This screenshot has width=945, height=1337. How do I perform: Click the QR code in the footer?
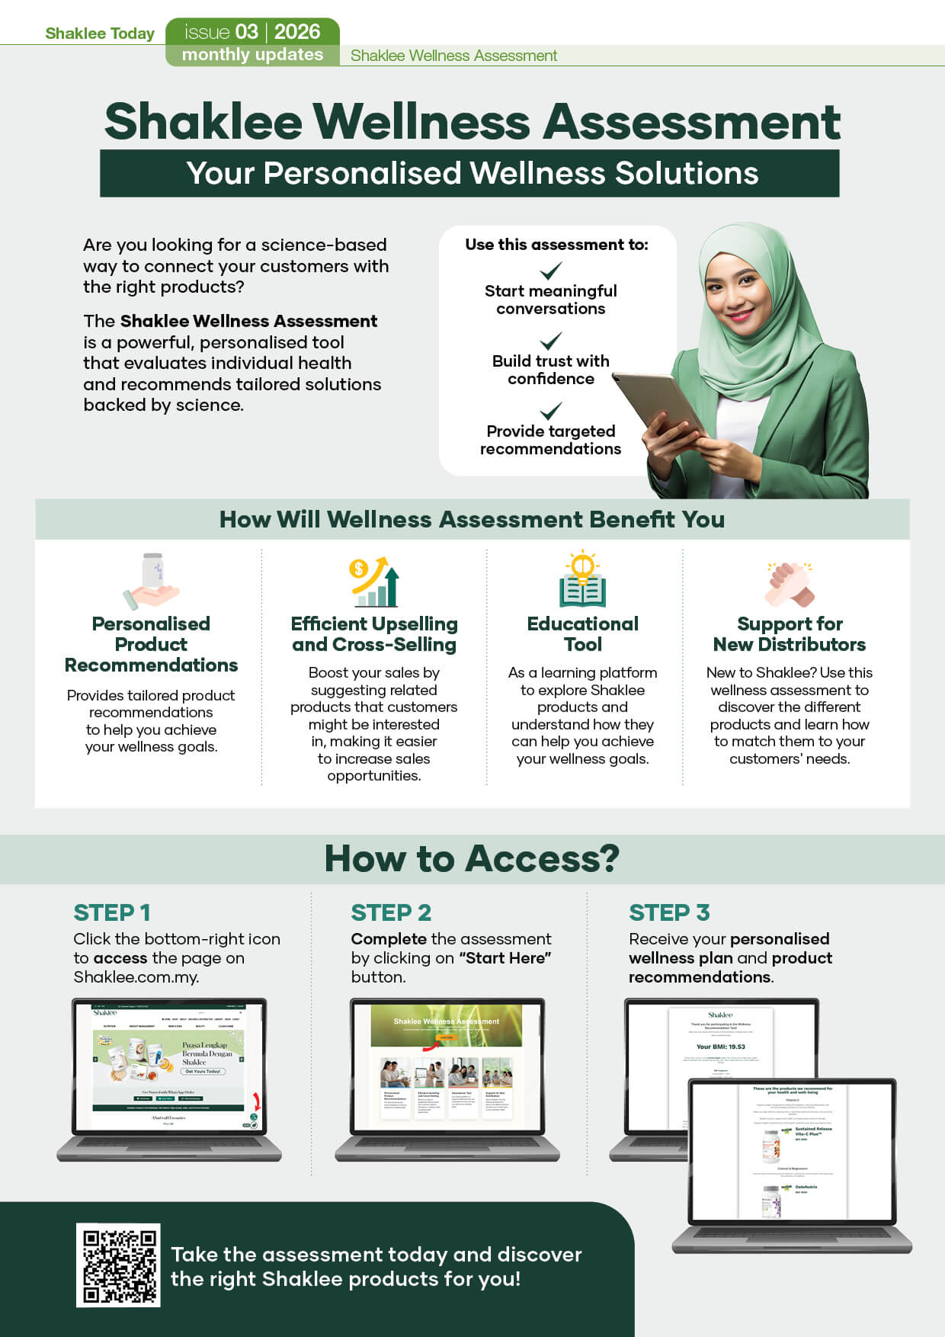coord(118,1265)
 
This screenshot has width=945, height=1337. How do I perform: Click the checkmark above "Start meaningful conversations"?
coord(550,271)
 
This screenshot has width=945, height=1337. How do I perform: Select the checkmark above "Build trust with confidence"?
coord(550,340)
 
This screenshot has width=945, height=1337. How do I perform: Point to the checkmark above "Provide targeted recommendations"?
coord(550,411)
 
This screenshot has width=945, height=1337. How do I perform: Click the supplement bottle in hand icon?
coord(152,581)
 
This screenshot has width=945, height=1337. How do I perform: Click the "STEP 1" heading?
coord(112,912)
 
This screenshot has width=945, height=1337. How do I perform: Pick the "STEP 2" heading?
coord(391,912)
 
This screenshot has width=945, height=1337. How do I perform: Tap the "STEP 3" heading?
coord(669,912)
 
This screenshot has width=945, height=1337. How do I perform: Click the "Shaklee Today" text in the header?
coord(100,34)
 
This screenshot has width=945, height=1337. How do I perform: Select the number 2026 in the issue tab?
coord(297,32)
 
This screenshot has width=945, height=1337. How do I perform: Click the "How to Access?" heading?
coord(472,858)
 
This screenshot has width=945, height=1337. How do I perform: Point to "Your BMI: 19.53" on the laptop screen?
coord(720,1047)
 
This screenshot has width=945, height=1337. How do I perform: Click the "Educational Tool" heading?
coord(582,633)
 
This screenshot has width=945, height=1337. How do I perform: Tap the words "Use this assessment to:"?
coord(556,245)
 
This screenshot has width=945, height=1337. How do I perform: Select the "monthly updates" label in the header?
coord(252,55)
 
